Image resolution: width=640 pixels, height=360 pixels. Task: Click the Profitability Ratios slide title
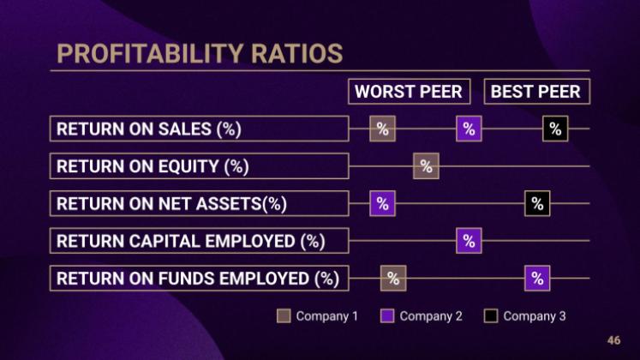tap(200, 53)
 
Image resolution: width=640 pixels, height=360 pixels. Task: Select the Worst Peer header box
tap(409, 92)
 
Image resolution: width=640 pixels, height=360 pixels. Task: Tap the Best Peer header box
tap(535, 92)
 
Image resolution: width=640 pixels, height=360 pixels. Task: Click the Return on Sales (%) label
tap(199, 129)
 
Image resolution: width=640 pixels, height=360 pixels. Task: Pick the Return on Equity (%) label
tap(199, 166)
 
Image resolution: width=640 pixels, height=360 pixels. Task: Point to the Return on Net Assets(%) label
tap(199, 204)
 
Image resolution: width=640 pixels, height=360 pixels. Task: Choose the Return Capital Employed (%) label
tap(199, 241)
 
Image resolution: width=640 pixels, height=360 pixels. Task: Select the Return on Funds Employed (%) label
tap(199, 279)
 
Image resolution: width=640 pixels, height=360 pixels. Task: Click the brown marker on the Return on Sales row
tap(383, 129)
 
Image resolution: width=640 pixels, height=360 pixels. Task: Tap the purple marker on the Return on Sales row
tap(469, 129)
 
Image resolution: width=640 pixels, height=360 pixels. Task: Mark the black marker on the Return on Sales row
tap(555, 129)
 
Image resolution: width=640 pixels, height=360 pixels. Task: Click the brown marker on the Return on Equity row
tap(426, 166)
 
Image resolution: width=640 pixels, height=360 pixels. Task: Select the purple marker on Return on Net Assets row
tap(383, 204)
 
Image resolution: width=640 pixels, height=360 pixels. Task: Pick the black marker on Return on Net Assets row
tap(537, 204)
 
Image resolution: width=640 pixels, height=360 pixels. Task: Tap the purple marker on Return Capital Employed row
tap(469, 241)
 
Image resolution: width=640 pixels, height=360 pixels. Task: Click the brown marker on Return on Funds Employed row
tap(393, 279)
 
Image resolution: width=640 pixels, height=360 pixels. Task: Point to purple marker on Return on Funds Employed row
tap(537, 279)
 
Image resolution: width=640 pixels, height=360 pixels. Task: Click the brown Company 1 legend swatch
tap(284, 316)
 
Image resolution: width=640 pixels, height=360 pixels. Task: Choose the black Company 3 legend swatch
tap(491, 316)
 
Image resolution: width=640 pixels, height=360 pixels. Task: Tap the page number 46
tap(613, 340)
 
